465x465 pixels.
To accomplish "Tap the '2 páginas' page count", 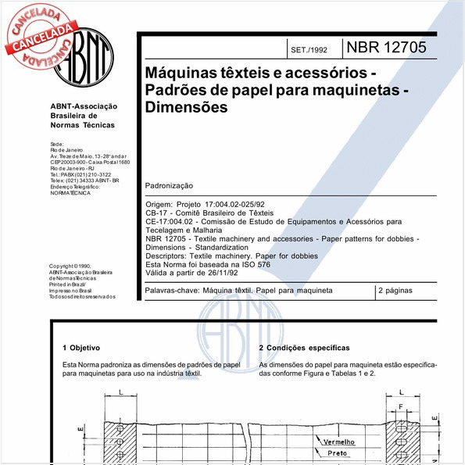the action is coord(396,290).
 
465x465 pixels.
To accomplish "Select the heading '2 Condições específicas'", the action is coord(304,348).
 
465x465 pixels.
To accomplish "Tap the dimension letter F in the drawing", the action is coord(400,407).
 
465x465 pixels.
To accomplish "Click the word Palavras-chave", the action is coord(171,290).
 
